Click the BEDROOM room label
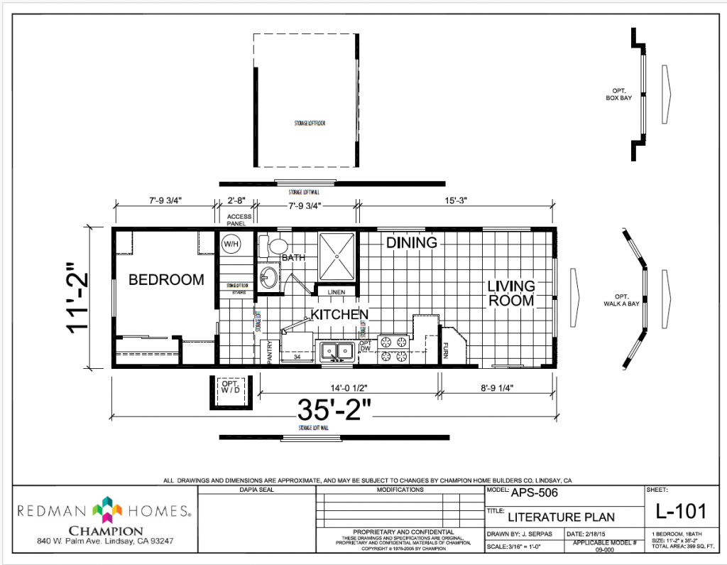166,280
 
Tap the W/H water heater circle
231,244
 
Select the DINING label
411,243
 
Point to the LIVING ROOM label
510,294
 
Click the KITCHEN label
339,314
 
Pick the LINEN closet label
335,291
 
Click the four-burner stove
394,349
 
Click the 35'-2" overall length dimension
334,411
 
